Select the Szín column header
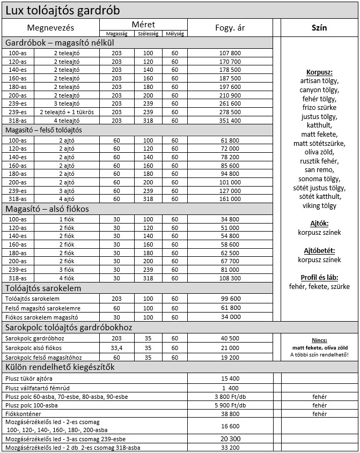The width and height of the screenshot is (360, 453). click(x=319, y=28)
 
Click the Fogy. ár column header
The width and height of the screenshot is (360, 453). click(x=230, y=28)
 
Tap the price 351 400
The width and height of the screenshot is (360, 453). click(x=230, y=121)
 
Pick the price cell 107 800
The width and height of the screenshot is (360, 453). click(x=230, y=53)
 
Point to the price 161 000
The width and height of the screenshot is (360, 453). click(x=230, y=199)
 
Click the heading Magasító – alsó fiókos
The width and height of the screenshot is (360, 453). click(x=47, y=209)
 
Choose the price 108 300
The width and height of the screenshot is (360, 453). click(x=230, y=278)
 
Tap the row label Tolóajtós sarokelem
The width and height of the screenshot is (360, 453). click(x=32, y=298)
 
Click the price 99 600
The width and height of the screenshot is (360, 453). click(x=230, y=298)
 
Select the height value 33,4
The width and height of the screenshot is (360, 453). click(x=116, y=348)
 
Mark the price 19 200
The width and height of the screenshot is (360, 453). click(x=230, y=357)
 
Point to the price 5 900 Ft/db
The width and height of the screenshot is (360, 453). click(x=230, y=405)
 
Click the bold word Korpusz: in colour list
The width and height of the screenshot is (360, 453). click(x=319, y=72)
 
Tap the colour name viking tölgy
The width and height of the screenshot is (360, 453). click(x=319, y=205)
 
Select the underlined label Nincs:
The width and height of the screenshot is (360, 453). click(x=319, y=340)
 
